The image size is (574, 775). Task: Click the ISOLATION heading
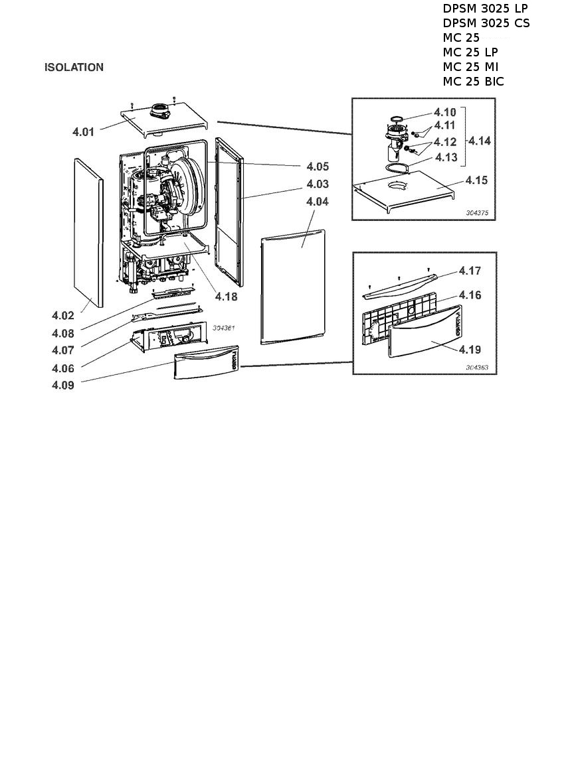pos(74,67)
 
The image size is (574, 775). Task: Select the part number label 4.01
pos(83,132)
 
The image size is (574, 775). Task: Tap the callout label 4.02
pos(63,315)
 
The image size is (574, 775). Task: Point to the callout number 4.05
pos(318,167)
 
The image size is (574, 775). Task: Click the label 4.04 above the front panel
pos(318,202)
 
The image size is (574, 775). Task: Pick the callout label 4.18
pos(226,297)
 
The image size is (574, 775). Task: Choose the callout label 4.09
pos(63,385)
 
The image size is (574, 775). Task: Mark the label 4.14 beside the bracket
pos(480,141)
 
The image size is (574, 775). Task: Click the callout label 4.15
pos(476,180)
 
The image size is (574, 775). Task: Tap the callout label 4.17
pos(470,271)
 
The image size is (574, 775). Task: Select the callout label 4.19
pos(470,350)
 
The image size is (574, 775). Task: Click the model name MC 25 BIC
pos(474,82)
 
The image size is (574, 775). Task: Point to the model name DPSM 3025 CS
pos(486,23)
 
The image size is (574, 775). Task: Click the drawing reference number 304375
pos(477,213)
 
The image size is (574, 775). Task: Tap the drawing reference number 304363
pos(477,368)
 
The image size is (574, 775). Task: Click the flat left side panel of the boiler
pos(89,232)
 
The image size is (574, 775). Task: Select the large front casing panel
pos(293,287)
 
